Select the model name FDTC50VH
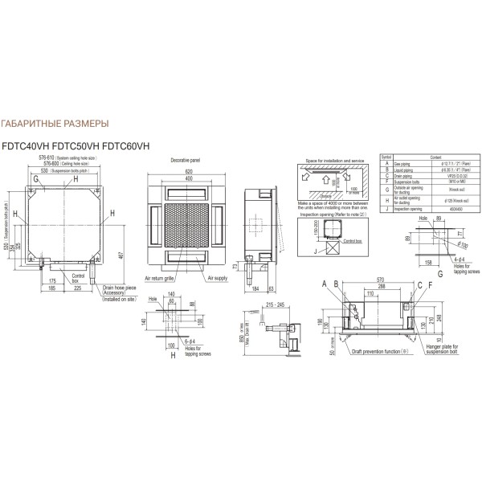88,145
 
